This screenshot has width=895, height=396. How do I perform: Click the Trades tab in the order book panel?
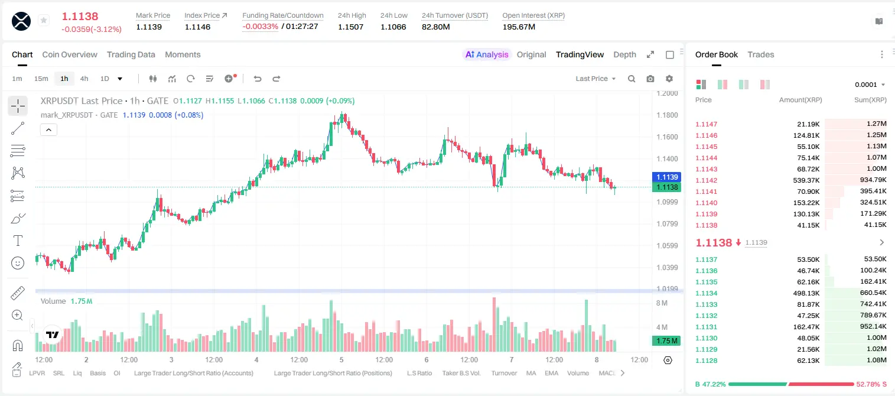pyautogui.click(x=761, y=54)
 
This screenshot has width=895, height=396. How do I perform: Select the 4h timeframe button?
pyautogui.click(x=84, y=79)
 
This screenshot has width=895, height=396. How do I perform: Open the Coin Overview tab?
pyautogui.click(x=70, y=54)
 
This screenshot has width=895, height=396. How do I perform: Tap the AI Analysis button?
pyautogui.click(x=487, y=54)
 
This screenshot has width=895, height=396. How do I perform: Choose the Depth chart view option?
pyautogui.click(x=624, y=54)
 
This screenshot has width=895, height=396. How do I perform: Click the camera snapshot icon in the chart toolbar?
pyautogui.click(x=650, y=79)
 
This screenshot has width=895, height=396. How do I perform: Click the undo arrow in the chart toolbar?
pyautogui.click(x=258, y=79)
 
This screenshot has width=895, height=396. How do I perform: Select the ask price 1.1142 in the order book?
pyautogui.click(x=707, y=180)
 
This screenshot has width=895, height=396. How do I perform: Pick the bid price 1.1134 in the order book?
pyautogui.click(x=707, y=293)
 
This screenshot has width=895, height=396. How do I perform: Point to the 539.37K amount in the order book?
pyautogui.click(x=806, y=180)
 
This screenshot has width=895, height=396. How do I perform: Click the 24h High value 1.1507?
pyautogui.click(x=350, y=27)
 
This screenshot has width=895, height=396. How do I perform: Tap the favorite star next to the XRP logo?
pyautogui.click(x=44, y=20)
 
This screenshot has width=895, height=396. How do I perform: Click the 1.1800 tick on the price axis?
pyautogui.click(x=667, y=115)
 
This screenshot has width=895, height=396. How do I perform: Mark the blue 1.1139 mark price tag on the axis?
pyautogui.click(x=666, y=177)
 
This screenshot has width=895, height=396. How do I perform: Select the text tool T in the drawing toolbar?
pyautogui.click(x=18, y=241)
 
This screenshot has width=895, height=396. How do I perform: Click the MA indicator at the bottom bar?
pyautogui.click(x=531, y=373)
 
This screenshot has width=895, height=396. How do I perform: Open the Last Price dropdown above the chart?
pyautogui.click(x=595, y=79)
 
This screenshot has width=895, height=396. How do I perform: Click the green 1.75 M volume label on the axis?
pyautogui.click(x=666, y=341)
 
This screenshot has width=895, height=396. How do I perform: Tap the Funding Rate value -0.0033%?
pyautogui.click(x=260, y=27)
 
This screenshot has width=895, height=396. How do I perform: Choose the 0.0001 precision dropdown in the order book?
pyautogui.click(x=870, y=85)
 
